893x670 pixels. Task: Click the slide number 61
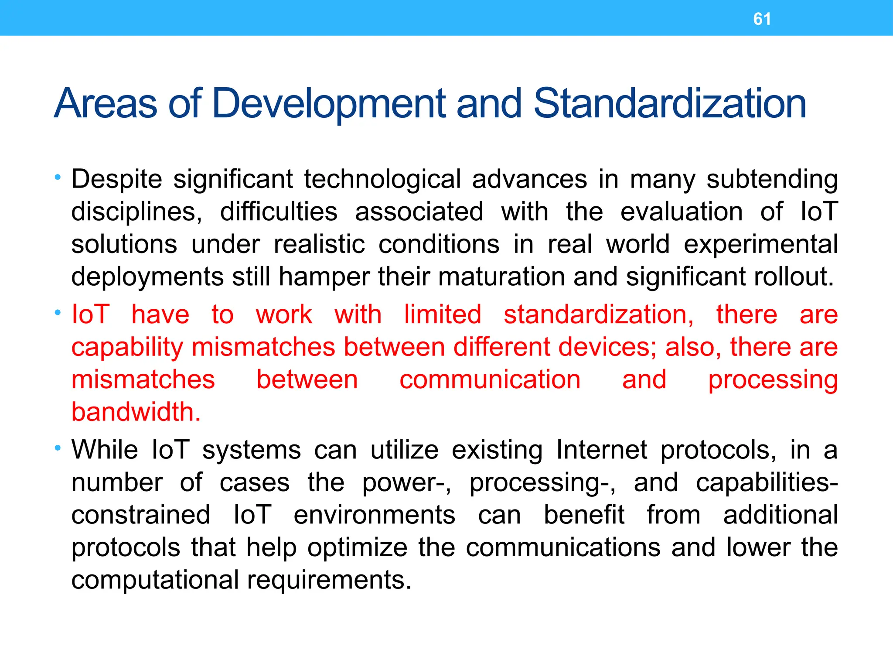coord(762,19)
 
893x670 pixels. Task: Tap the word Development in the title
coord(329,104)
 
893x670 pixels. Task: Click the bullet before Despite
coord(58,177)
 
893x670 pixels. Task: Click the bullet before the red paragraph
coord(58,313)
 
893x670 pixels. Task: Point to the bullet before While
coord(58,448)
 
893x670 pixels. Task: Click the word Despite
coord(116,180)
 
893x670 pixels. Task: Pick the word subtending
coord(772,180)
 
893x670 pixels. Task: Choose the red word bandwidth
coord(136,412)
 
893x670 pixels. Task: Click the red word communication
coord(490,379)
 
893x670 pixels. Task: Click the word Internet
coord(602,450)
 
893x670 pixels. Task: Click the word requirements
coord(329,581)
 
